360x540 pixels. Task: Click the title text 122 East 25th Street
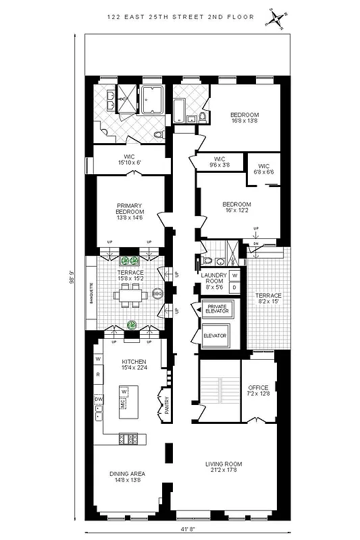180,17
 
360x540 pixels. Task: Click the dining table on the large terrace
129,294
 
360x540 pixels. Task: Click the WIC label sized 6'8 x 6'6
263,169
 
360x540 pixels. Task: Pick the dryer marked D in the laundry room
234,288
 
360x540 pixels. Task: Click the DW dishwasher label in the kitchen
98,400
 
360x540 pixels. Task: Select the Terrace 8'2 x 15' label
268,299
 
